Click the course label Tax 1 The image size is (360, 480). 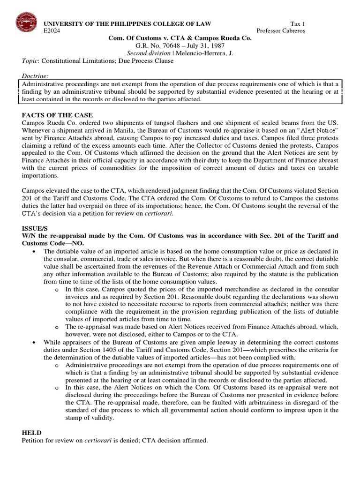pyautogui.click(x=295, y=24)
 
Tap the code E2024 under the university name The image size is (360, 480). pyautogui.click(x=52, y=31)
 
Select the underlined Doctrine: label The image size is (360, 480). pyautogui.click(x=35, y=76)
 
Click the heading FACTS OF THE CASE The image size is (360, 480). pyautogui.click(x=57, y=115)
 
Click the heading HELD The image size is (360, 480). pyautogui.click(x=30, y=433)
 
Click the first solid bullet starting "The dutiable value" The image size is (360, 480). pyautogui.click(x=35, y=252)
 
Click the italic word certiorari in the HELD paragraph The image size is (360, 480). pyautogui.click(x=96, y=441)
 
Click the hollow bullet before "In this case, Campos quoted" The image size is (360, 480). pyautogui.click(x=57, y=290)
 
